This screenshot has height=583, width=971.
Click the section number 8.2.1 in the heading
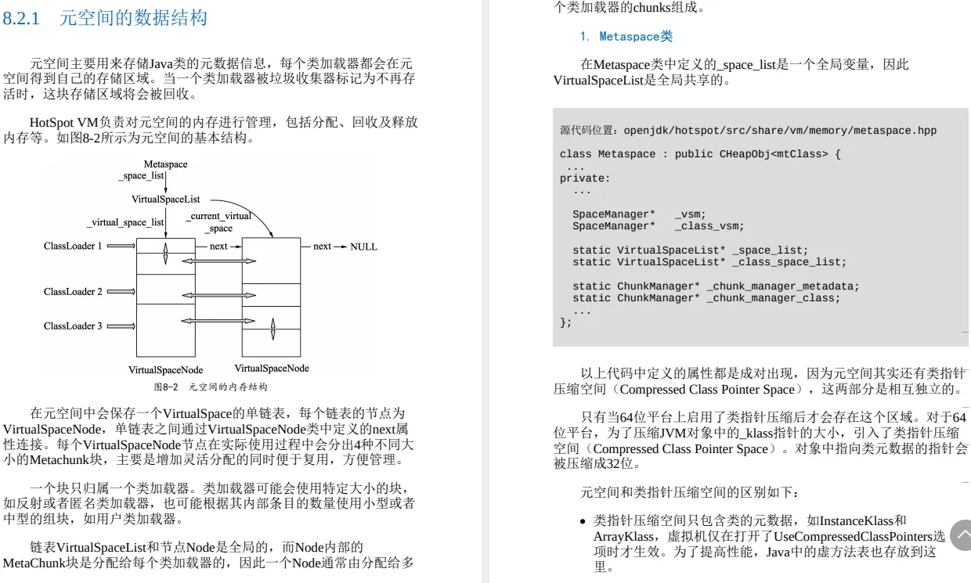click(x=21, y=18)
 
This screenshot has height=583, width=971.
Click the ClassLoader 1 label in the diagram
click(x=73, y=247)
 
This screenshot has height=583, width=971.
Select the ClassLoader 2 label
click(x=73, y=292)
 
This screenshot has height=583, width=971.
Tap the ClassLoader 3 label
click(x=73, y=326)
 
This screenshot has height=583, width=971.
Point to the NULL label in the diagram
click(x=363, y=247)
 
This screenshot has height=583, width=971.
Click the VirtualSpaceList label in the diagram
click(x=166, y=200)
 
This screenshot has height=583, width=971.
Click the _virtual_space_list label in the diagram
click(x=125, y=222)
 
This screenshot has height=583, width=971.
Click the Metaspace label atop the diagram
click(x=165, y=164)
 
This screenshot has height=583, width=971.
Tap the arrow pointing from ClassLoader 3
click(x=121, y=326)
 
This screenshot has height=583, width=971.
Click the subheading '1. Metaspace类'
click(x=626, y=37)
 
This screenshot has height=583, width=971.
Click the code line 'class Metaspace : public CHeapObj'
click(x=700, y=154)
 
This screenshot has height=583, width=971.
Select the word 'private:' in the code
click(x=584, y=178)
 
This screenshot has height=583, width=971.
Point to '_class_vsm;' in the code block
click(x=709, y=226)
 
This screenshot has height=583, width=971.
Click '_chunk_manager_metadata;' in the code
click(x=783, y=286)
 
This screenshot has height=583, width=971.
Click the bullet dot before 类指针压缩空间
click(x=583, y=521)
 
